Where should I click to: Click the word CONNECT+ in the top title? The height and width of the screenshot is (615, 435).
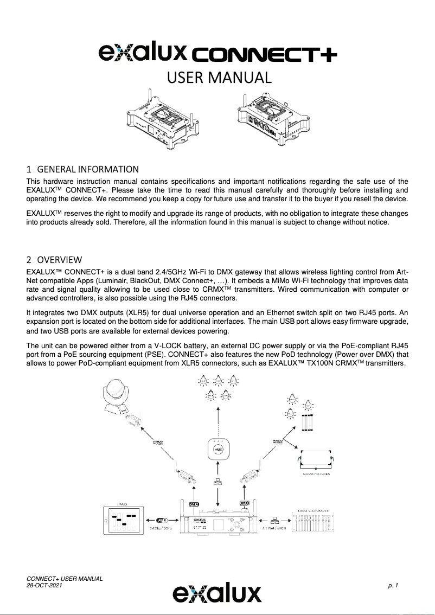point(265,55)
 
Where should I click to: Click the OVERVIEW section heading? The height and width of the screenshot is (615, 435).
point(59,259)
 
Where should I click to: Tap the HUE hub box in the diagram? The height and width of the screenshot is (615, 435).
point(217,450)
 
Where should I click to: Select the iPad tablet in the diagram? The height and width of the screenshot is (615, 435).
point(126,521)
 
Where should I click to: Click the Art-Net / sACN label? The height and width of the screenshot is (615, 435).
point(274,528)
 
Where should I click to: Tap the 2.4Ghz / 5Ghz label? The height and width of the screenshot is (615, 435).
point(162,528)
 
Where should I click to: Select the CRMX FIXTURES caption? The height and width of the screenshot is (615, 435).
point(316,474)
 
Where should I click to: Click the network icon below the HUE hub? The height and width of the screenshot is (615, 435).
point(217,482)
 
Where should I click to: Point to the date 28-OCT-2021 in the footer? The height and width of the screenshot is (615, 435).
point(44,586)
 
